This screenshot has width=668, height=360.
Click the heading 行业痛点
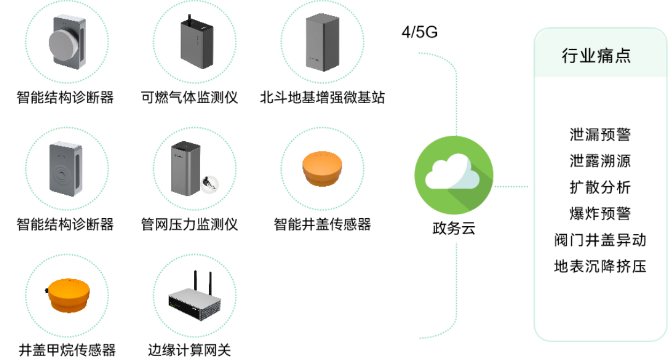click(x=596, y=56)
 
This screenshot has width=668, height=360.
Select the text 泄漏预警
click(x=599, y=134)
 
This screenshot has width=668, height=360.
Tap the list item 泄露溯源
click(x=599, y=160)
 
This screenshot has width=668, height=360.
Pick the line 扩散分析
click(x=599, y=187)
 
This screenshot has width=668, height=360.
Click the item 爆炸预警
click(x=599, y=213)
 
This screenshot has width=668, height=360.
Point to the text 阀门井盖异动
click(x=599, y=240)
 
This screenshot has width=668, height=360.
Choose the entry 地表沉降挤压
click(x=599, y=266)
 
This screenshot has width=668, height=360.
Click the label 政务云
click(x=453, y=228)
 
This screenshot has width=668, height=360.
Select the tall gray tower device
click(x=322, y=42)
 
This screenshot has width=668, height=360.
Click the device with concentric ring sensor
click(x=66, y=168)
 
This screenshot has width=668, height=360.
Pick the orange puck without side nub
click(x=322, y=168)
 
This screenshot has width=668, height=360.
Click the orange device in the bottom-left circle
click(x=67, y=295)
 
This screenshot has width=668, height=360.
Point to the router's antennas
click(x=202, y=281)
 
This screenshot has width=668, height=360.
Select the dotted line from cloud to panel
click(x=511, y=187)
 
